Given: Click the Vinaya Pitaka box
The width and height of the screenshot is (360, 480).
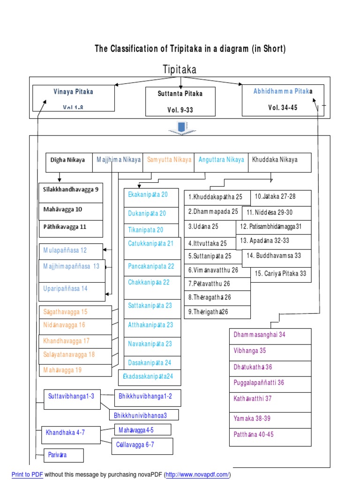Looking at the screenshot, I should [x=73, y=98].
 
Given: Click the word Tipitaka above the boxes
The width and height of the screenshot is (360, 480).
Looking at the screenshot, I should [x=180, y=70].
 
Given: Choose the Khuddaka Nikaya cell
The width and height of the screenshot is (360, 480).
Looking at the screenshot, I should [x=275, y=160].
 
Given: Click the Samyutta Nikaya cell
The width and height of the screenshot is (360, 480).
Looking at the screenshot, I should [x=169, y=160].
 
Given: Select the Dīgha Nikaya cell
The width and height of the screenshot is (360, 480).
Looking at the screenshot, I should [x=68, y=160].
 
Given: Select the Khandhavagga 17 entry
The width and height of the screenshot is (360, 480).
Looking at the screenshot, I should [x=75, y=341].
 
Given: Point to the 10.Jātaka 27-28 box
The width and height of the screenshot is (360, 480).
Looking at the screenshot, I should [x=280, y=197].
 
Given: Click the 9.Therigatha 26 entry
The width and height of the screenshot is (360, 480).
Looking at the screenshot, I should [x=217, y=312].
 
